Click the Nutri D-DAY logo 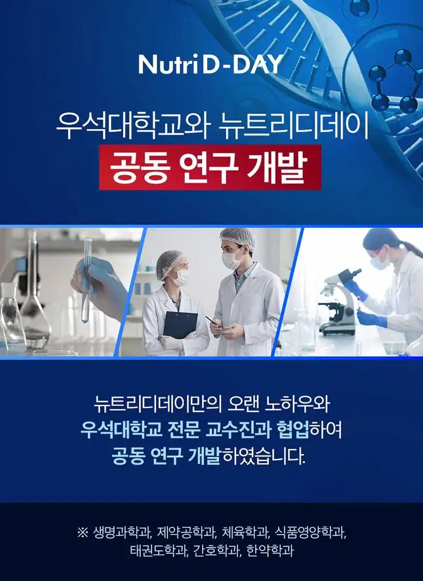(x=211, y=64)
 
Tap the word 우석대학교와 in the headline (x=133, y=125)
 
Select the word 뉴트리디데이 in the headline (x=294, y=125)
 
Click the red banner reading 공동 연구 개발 (x=210, y=168)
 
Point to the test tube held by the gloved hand (x=87, y=280)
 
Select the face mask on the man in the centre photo (x=232, y=258)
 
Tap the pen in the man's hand (x=213, y=322)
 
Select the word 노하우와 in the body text (x=297, y=404)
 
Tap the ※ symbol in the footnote (x=83, y=533)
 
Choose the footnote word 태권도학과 (x=159, y=551)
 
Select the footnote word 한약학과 (x=270, y=551)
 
